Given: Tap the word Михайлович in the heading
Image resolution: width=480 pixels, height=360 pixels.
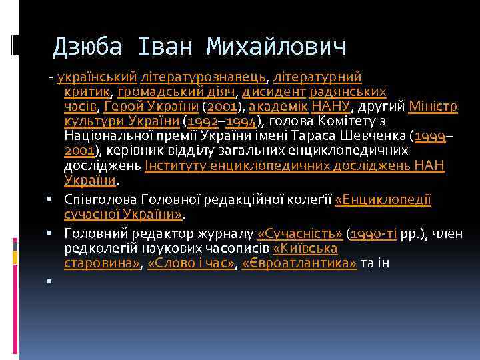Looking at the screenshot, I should pyautogui.click(x=277, y=47).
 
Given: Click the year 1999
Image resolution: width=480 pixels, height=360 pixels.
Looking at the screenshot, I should pyautogui.click(x=430, y=137).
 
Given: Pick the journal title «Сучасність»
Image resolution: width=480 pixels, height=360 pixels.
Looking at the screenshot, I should pyautogui.click(x=299, y=234).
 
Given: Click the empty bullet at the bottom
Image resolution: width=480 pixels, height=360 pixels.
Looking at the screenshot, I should pyautogui.click(x=50, y=281).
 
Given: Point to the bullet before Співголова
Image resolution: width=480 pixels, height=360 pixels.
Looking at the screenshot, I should pyautogui.click(x=50, y=200).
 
